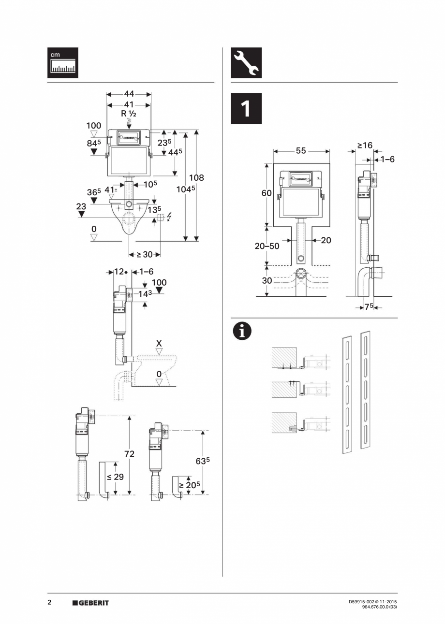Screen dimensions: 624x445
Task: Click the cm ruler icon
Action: (x=62, y=63)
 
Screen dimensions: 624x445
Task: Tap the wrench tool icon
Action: (x=246, y=63)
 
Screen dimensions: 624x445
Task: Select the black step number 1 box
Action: (x=246, y=109)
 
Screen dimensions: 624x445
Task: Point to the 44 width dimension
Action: (x=129, y=95)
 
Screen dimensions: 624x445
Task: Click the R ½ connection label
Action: (x=129, y=114)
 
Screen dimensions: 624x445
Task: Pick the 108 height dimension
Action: (x=196, y=177)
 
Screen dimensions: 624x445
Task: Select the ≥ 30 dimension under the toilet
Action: (x=144, y=255)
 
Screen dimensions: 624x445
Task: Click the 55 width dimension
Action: (x=301, y=151)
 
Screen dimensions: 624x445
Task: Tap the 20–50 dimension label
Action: (x=267, y=246)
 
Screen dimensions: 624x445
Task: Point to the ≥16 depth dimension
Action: (x=365, y=145)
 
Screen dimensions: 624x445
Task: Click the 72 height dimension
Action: (x=129, y=454)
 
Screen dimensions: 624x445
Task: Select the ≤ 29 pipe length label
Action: (x=115, y=477)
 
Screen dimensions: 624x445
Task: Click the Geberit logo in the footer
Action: (x=90, y=603)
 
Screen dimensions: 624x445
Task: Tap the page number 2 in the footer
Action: (x=49, y=602)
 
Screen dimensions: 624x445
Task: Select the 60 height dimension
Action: (x=267, y=193)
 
